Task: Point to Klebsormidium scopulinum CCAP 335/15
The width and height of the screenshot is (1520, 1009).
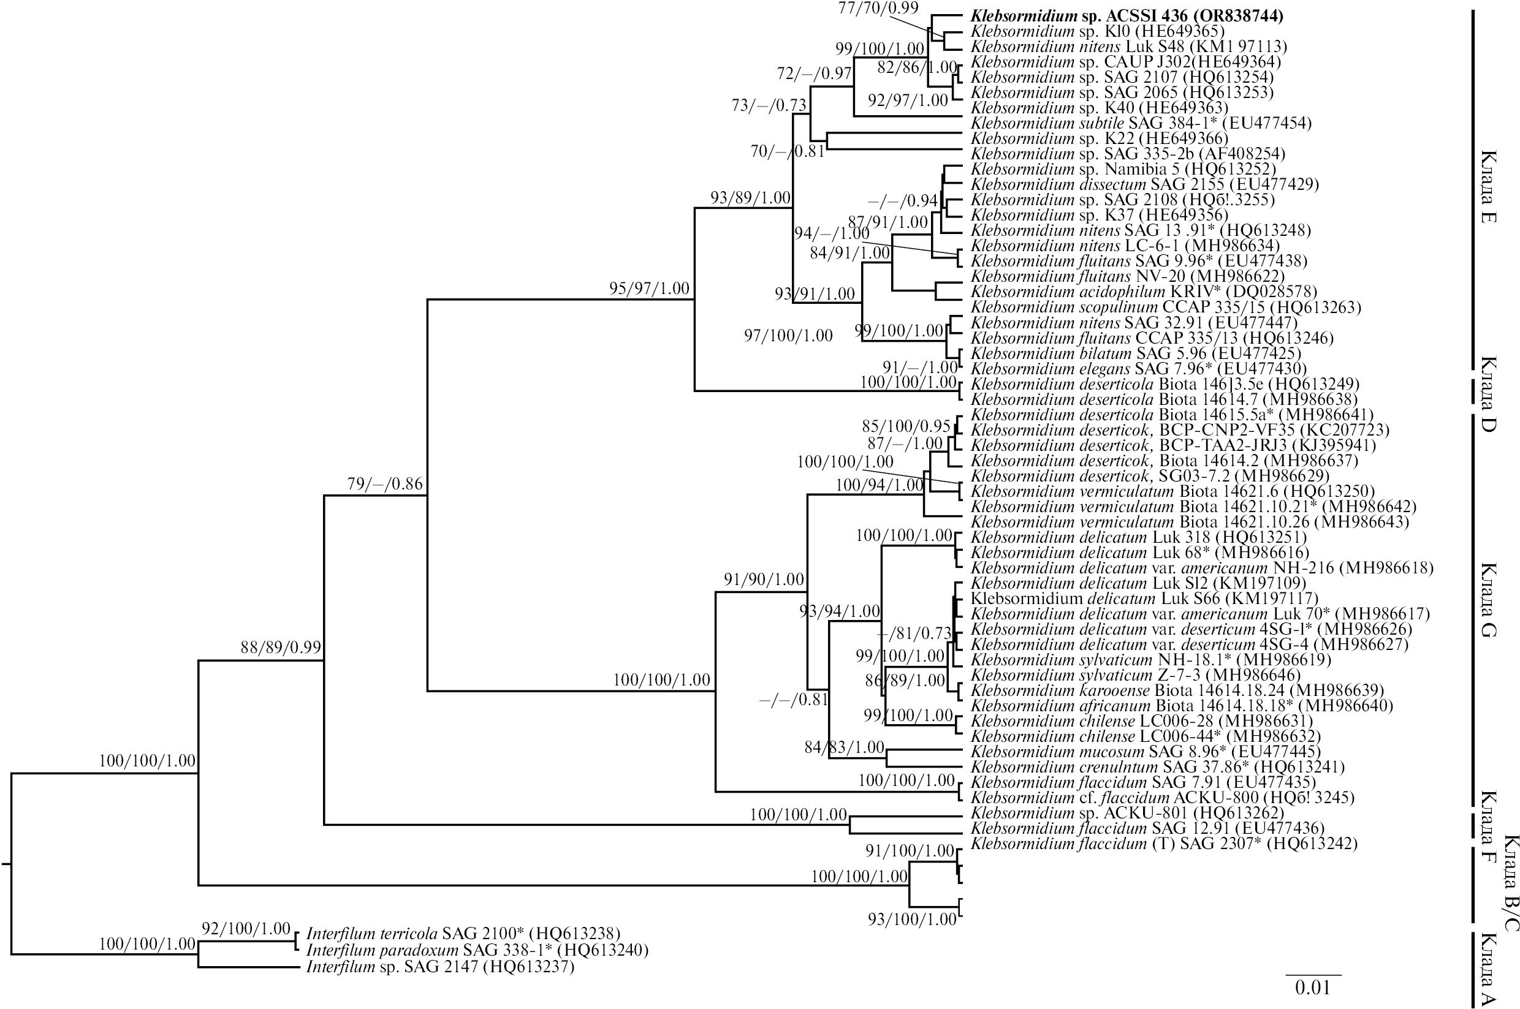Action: (x=1165, y=307)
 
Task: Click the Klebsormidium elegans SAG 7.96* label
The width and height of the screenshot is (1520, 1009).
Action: (x=1138, y=369)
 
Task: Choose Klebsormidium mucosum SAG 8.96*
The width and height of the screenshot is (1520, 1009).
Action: (x=1146, y=751)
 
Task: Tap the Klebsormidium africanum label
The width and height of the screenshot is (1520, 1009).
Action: (x=1181, y=706)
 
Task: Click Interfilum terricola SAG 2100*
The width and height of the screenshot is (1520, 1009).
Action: (x=463, y=933)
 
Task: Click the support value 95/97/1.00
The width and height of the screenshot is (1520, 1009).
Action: (x=649, y=289)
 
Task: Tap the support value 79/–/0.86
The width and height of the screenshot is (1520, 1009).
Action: (x=384, y=484)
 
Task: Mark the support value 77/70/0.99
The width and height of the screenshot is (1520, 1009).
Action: (x=879, y=8)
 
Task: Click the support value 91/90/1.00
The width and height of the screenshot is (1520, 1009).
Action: (x=764, y=579)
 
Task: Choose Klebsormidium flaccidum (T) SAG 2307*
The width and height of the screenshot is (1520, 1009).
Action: (x=1163, y=844)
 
